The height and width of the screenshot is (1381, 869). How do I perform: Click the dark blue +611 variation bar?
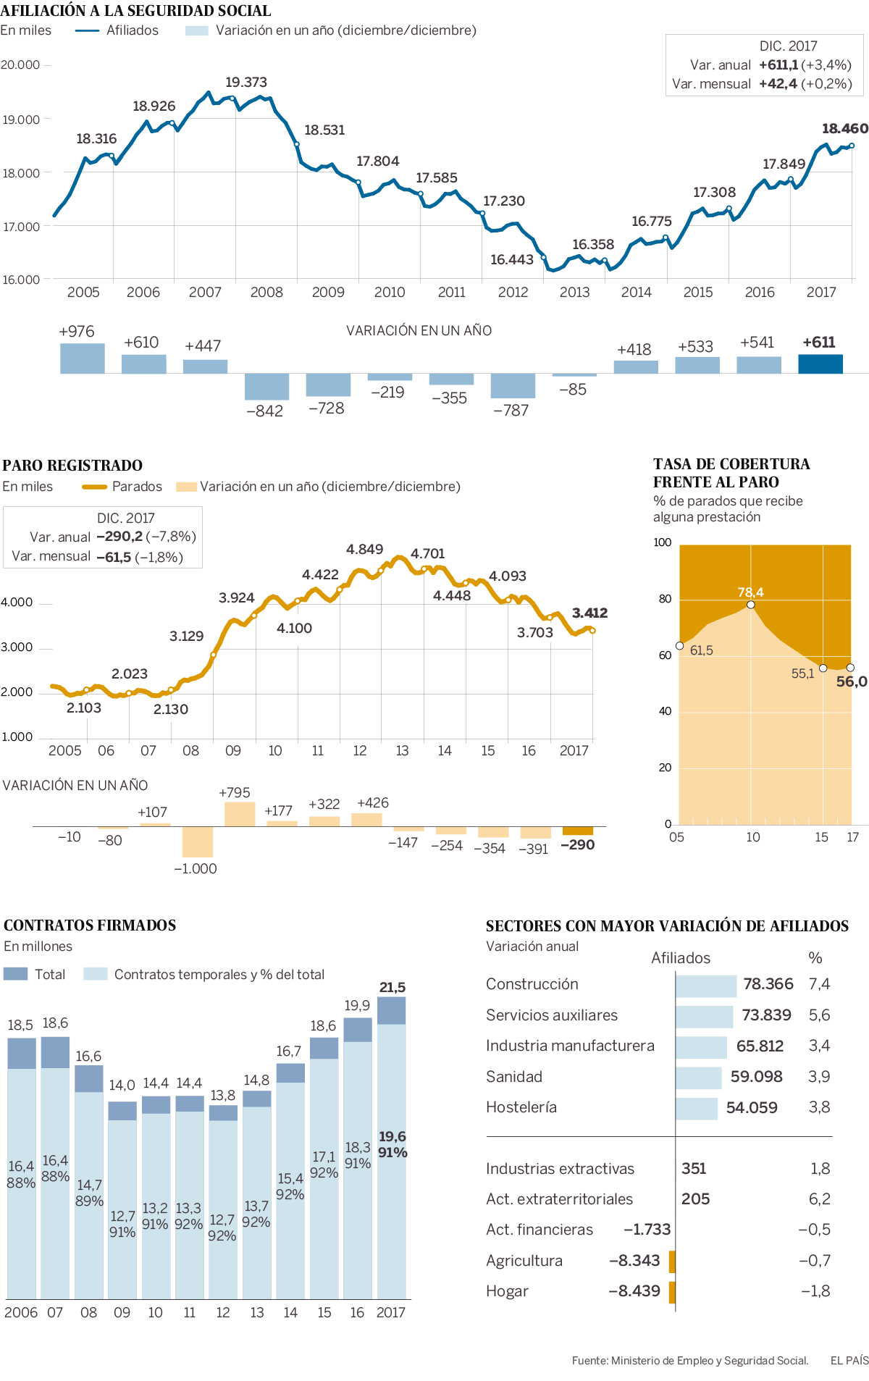coord(820,364)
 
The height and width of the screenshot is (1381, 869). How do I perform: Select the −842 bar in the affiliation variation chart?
coord(266,386)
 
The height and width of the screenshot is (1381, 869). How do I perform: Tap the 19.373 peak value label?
coord(246,83)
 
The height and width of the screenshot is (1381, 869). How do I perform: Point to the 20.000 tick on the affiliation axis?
coord(20,65)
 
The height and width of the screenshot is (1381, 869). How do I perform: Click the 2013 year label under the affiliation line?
coord(574,293)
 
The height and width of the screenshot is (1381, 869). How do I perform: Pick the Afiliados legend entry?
coord(132,30)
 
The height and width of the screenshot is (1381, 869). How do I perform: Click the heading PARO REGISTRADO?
coord(72,466)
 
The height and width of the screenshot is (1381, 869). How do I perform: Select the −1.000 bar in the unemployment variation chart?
coord(198,841)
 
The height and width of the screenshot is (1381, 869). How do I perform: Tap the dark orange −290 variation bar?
coord(577,831)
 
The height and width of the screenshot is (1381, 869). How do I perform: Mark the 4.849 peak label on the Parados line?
coord(364,550)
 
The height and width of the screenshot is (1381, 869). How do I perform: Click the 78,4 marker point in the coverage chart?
coord(751,605)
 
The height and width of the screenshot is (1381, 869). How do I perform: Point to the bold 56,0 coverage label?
coord(851,681)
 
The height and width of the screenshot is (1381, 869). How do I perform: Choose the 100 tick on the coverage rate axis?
coord(663,542)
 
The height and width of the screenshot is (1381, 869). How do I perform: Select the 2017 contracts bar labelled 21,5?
coord(392,1148)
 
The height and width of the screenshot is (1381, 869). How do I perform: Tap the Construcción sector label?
coord(532,984)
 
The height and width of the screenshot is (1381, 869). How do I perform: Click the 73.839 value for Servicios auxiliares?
coord(766,1015)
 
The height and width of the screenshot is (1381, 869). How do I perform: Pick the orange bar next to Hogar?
coord(672,1291)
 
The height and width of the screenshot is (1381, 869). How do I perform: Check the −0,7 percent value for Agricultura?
coord(814,1261)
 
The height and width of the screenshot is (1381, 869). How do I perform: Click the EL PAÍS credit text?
coord(849,1361)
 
